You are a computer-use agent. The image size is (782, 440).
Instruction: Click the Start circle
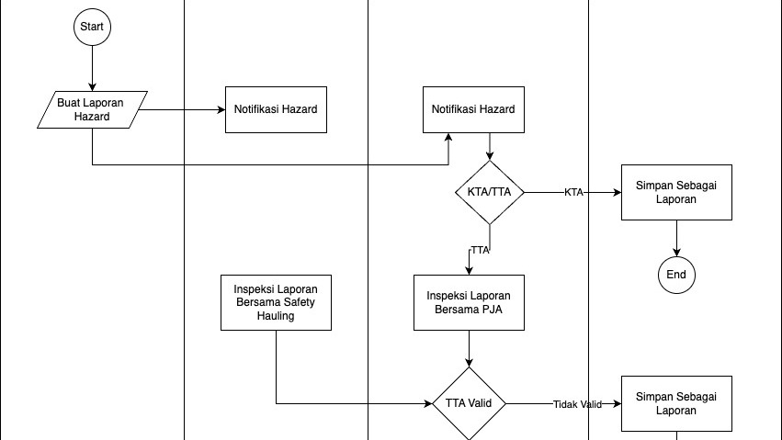coord(92,27)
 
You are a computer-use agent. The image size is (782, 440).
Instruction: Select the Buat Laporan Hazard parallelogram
coord(91,109)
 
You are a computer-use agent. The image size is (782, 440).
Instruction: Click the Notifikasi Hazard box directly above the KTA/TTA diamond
coord(472,109)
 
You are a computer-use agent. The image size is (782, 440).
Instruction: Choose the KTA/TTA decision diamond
coord(489,192)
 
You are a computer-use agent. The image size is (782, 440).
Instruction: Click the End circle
coord(676,274)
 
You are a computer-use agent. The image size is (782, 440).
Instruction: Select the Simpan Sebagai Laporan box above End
coord(676,192)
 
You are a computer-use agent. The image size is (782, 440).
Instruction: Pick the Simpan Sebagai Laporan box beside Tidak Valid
coord(676,403)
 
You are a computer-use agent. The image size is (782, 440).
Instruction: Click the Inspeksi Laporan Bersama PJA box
coord(469,302)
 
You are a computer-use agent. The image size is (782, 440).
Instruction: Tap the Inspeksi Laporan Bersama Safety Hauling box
coord(276,301)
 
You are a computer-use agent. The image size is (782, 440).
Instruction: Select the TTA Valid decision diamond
coord(469,403)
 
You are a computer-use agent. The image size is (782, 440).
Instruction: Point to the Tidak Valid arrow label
coord(577,404)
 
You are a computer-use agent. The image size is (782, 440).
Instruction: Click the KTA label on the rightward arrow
coord(573,193)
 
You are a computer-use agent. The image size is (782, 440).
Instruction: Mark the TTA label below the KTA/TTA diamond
coord(480,250)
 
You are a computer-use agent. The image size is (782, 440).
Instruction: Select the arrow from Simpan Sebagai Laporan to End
coord(676,238)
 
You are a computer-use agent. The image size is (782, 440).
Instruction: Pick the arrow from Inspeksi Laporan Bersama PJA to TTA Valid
coord(469,348)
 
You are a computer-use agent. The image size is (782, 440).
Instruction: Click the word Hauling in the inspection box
coord(276,315)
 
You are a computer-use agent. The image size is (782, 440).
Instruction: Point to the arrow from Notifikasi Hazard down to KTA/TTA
coord(489,147)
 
